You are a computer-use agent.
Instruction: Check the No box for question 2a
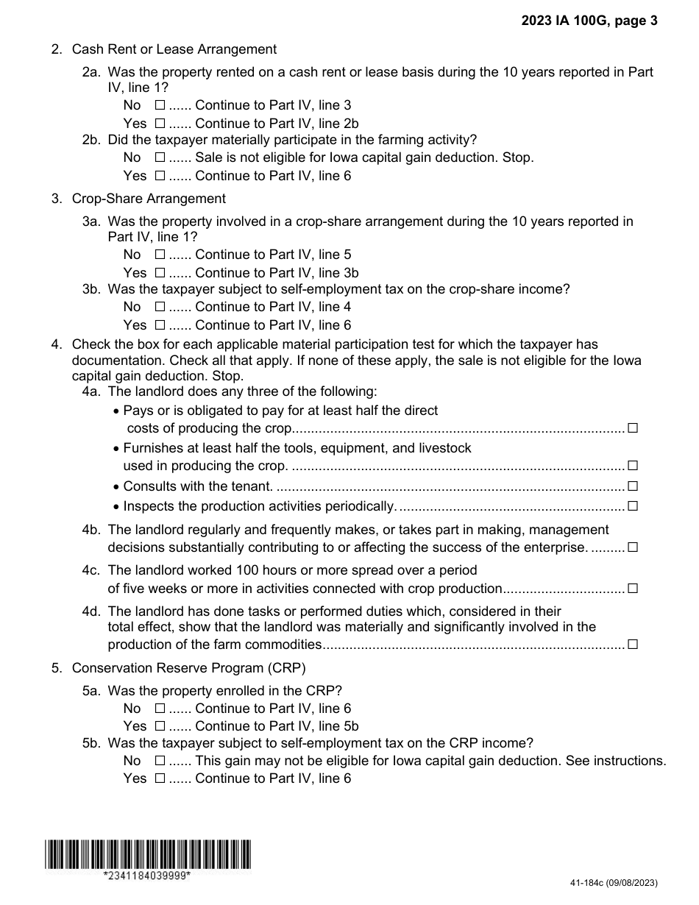point(160,106)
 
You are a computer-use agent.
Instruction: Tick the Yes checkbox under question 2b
point(160,176)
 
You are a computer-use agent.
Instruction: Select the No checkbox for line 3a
point(160,255)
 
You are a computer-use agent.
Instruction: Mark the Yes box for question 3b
point(160,325)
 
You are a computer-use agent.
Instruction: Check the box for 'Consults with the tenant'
point(633,486)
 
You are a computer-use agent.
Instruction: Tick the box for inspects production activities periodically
point(633,506)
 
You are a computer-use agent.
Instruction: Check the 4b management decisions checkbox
point(633,547)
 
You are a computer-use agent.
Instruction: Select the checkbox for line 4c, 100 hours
point(633,589)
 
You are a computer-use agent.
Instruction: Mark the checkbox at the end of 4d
point(633,645)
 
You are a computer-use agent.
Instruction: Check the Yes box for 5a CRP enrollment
point(160,726)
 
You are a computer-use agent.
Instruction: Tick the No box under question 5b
point(160,761)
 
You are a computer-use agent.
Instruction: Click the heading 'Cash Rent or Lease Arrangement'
point(174,49)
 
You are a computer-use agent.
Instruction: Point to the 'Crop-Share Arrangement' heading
point(149,199)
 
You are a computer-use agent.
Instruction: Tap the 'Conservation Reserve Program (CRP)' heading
point(188,668)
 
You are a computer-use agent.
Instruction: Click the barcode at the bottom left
point(147,854)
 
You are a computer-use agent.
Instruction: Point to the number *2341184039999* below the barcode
point(147,876)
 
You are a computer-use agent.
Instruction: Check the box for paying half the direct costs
point(633,428)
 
